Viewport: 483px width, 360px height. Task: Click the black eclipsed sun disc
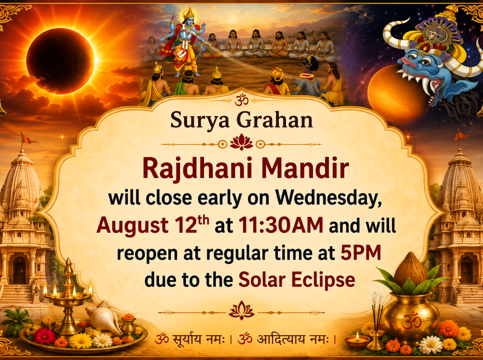click(60, 61)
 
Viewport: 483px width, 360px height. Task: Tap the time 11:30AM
click(281, 226)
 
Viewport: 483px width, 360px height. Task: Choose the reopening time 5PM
click(361, 253)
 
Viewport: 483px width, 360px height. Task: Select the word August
click(132, 226)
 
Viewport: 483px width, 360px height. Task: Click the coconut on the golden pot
click(410, 269)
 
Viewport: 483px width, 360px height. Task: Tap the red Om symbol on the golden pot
click(411, 322)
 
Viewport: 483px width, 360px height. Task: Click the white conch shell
click(104, 318)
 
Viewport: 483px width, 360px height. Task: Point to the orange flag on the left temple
click(29, 139)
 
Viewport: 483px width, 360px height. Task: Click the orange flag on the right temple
click(461, 136)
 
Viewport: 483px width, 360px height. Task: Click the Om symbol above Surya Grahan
click(241, 100)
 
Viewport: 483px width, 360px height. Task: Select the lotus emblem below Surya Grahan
click(241, 143)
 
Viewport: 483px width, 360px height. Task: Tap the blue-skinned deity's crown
click(189, 13)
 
